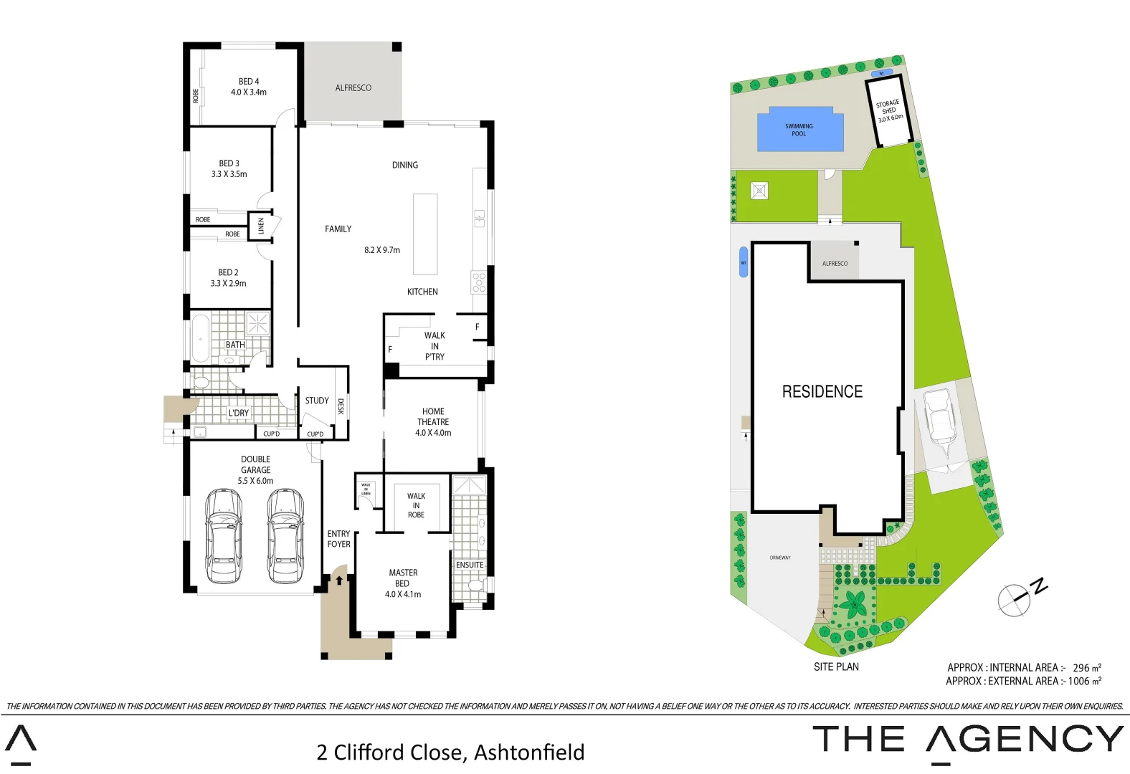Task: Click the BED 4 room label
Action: tap(249, 87)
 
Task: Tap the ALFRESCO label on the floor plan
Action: tap(353, 88)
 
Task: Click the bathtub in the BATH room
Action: tap(200, 338)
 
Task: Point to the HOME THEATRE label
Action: tap(433, 422)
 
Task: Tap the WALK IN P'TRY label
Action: tap(435, 346)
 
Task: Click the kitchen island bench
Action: tap(425, 234)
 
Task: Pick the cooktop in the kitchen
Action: tap(479, 282)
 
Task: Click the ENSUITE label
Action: tap(470, 565)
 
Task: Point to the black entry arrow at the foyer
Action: tap(339, 580)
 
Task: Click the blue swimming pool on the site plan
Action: tap(800, 130)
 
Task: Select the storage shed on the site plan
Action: tap(889, 111)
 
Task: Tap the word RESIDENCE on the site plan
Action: tap(822, 391)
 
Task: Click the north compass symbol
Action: tap(1015, 599)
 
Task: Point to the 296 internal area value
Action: tap(1081, 667)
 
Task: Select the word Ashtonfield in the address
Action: tap(529, 752)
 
